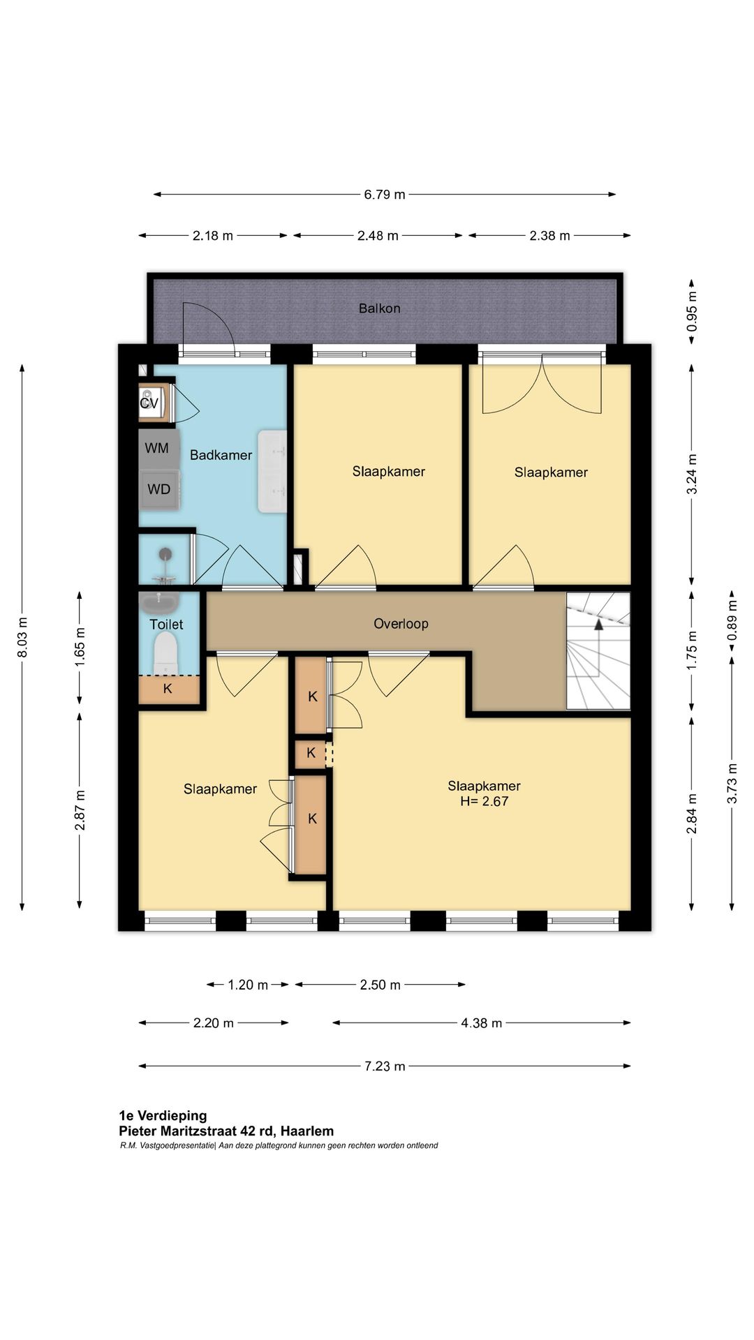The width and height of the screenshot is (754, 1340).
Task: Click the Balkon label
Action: pyautogui.click(x=379, y=308)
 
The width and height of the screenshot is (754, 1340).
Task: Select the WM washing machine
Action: pyautogui.click(x=158, y=448)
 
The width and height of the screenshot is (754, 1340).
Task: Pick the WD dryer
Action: pyautogui.click(x=159, y=489)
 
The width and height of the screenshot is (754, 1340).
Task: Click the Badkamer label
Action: pyautogui.click(x=221, y=455)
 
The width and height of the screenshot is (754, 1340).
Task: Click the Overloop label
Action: pyautogui.click(x=401, y=623)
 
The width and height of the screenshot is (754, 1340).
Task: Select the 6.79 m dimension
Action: pyautogui.click(x=385, y=194)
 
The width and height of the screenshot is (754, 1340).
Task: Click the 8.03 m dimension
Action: pyautogui.click(x=22, y=637)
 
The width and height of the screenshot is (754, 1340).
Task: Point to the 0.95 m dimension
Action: pyautogui.click(x=692, y=311)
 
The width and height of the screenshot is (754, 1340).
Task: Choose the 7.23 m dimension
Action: pyautogui.click(x=385, y=1066)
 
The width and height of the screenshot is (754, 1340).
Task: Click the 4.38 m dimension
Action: pyautogui.click(x=481, y=1022)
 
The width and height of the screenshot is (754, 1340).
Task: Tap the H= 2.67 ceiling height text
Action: pyautogui.click(x=484, y=801)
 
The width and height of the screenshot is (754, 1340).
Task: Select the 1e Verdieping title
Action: pyautogui.click(x=163, y=1115)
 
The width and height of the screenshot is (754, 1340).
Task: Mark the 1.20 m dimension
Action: pyautogui.click(x=248, y=985)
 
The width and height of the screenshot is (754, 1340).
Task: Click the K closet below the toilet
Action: pyautogui.click(x=168, y=689)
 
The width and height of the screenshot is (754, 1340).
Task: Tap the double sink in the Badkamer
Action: pyautogui.click(x=273, y=471)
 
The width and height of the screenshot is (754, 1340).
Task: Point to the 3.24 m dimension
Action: pyautogui.click(x=692, y=474)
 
